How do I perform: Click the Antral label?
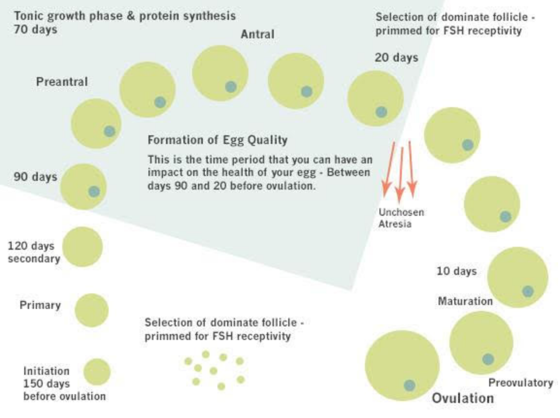click(x=258, y=34)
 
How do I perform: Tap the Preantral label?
click(x=62, y=82)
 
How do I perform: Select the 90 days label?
click(x=35, y=177)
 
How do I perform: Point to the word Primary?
click(x=40, y=305)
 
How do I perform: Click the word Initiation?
click(x=47, y=371)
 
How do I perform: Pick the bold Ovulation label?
click(x=463, y=398)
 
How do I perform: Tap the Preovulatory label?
click(x=521, y=383)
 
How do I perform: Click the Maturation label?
click(x=465, y=301)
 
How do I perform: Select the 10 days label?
click(x=457, y=271)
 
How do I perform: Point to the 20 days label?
click(x=396, y=58)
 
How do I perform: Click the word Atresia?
click(x=395, y=224)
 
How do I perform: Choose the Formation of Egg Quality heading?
click(x=217, y=140)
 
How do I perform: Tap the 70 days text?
click(x=35, y=29)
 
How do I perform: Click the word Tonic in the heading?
click(x=29, y=16)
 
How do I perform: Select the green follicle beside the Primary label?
click(x=92, y=310)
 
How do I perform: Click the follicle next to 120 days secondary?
click(x=82, y=247)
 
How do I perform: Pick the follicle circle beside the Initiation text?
click(x=97, y=371)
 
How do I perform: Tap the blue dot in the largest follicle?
click(x=410, y=385)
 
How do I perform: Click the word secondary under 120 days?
click(x=34, y=259)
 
